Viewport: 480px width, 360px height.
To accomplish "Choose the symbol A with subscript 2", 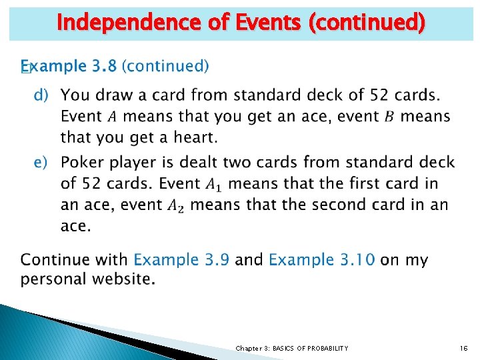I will pyautogui.click(x=175, y=205).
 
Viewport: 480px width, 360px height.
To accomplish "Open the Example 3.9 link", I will pyautogui.click(x=181, y=259).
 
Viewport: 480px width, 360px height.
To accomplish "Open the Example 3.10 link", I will pyautogui.click(x=321, y=259).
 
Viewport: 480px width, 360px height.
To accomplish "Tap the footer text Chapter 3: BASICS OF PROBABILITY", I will pyautogui.click(x=291, y=348).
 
